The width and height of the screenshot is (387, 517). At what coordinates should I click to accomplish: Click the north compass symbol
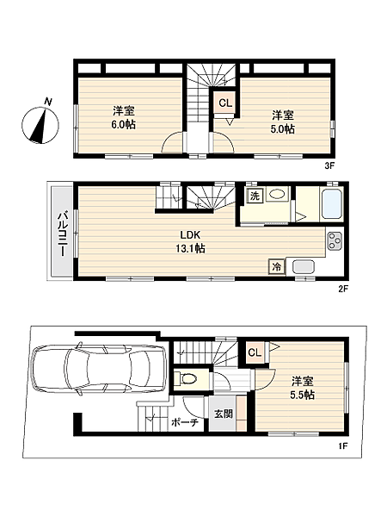pos(39,123)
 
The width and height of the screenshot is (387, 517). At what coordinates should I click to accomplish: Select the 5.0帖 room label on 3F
pos(284,121)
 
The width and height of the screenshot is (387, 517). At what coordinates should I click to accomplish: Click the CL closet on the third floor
pos(224,103)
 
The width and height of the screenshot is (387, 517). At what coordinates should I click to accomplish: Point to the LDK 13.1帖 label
pos(193,241)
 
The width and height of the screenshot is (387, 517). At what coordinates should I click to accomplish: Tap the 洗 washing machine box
pos(255,196)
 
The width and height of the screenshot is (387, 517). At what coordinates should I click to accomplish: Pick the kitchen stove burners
pos(335,240)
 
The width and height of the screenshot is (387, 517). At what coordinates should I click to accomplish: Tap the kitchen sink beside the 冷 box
pos(304,267)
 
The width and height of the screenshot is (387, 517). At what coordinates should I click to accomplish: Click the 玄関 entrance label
pos(223,414)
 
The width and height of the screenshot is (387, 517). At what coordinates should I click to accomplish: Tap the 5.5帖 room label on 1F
pos(301,388)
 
